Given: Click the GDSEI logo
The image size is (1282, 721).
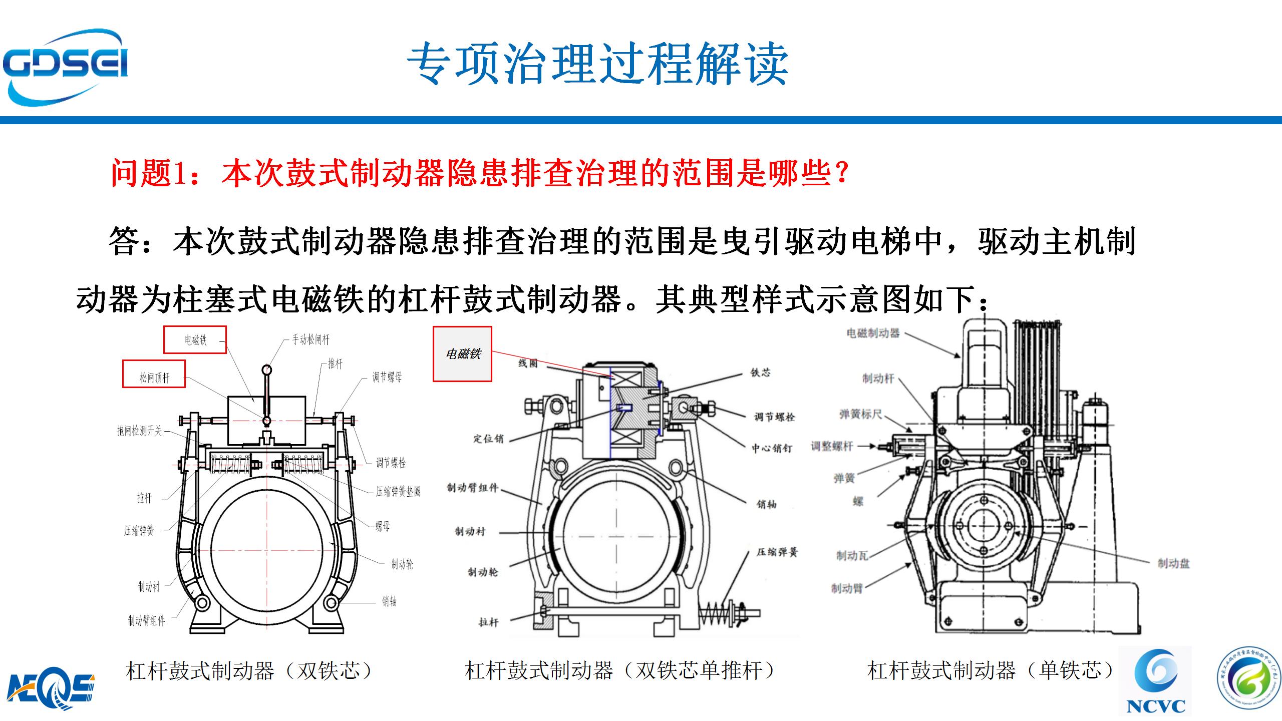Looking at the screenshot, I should point(65,68).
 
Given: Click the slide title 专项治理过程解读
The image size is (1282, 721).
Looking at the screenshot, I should point(597,64).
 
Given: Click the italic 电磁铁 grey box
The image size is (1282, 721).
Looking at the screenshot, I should point(462,354).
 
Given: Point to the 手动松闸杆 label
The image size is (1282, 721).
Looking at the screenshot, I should point(311,340).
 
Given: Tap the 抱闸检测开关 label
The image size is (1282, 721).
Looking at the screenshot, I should point(140,431).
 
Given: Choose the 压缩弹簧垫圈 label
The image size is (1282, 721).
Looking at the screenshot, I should point(398,492).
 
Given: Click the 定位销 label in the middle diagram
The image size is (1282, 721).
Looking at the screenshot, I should point(488,439).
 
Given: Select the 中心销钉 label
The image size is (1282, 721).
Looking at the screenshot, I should point(772,449).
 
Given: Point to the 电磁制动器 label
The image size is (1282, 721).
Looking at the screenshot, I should point(873,333).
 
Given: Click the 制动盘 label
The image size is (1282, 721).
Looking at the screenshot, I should point(1173,564).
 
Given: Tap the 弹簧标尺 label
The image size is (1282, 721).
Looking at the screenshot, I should point(860,414).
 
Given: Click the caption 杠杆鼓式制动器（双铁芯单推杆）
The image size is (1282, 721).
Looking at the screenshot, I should point(620,671).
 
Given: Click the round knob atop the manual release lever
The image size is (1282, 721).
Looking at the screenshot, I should point(267,371).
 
